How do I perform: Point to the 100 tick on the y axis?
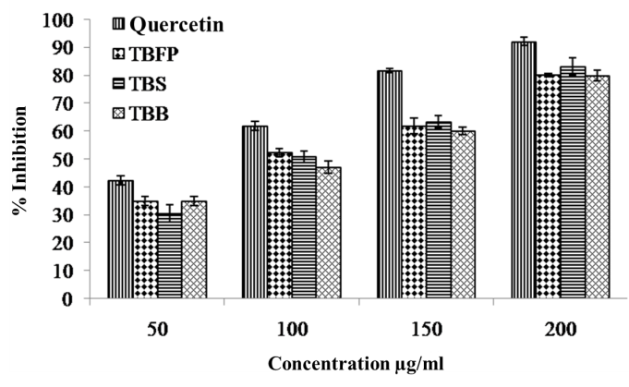click(66, 18)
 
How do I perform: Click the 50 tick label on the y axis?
click(70, 159)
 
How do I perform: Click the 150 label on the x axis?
click(426, 328)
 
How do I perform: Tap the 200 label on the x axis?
click(560, 328)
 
